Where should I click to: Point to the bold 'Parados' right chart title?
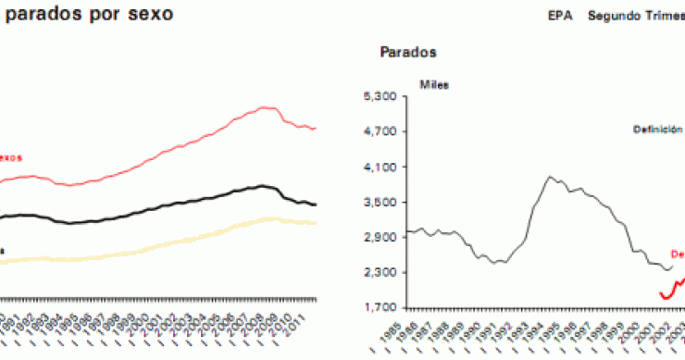click(408, 52)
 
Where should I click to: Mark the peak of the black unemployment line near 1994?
click(551, 176)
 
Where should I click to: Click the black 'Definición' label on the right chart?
click(657, 130)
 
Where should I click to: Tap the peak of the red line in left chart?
click(267, 107)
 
